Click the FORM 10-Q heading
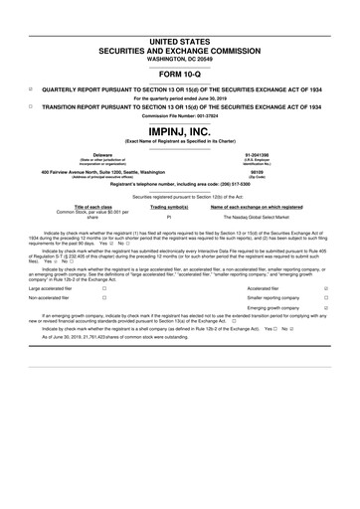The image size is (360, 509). pos(180,75)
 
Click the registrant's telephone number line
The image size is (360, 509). pos(180,185)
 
